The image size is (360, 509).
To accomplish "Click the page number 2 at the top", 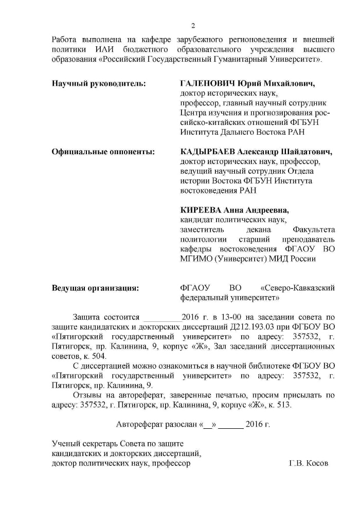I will [193, 26].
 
